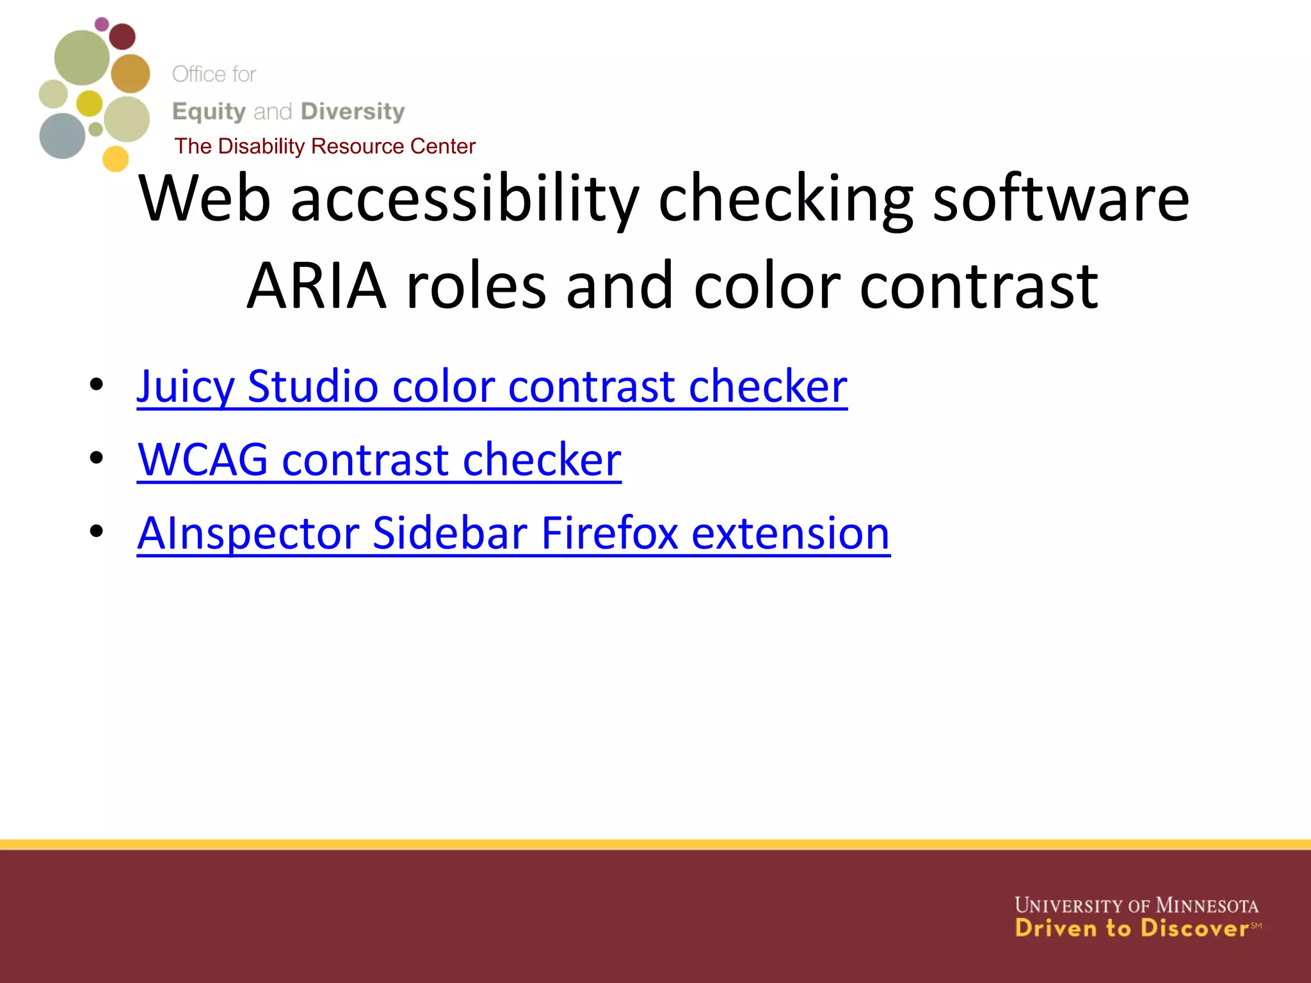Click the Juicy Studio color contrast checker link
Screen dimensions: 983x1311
click(492, 387)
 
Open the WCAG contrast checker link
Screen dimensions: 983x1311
click(379, 460)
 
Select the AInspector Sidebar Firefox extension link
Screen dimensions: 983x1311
click(513, 533)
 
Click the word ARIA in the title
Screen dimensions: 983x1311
click(317, 286)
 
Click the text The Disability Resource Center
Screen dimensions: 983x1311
click(325, 147)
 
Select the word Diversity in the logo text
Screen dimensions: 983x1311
click(353, 111)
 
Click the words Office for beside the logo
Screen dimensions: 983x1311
click(214, 74)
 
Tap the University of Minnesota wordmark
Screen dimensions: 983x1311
click(1136, 906)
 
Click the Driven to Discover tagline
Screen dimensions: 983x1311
click(1132, 928)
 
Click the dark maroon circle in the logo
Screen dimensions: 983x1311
click(122, 36)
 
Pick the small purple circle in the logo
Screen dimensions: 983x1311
click(102, 24)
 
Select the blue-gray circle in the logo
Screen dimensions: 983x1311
click(62, 136)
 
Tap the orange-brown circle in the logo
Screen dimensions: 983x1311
click(131, 73)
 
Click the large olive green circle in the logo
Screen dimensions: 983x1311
click(81, 58)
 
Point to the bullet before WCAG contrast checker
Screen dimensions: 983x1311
click(97, 458)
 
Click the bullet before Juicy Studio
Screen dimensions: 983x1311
click(97, 385)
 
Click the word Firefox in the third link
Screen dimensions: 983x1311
click(609, 533)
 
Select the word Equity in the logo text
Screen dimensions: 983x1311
click(209, 111)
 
